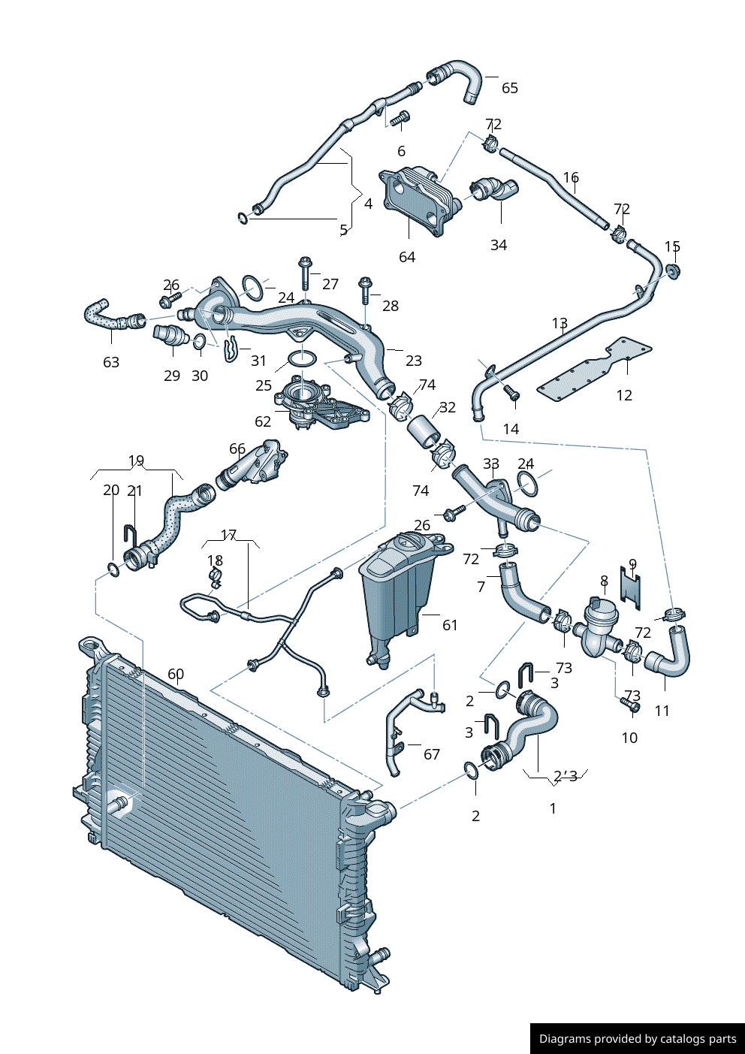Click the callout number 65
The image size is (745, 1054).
click(x=510, y=88)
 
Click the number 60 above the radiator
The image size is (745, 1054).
click(x=176, y=674)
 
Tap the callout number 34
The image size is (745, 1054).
click(x=499, y=245)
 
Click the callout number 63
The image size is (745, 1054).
click(x=111, y=362)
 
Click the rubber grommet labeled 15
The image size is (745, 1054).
click(x=673, y=270)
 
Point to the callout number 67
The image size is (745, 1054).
click(x=432, y=754)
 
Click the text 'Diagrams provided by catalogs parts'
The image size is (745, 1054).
click(x=638, y=1039)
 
